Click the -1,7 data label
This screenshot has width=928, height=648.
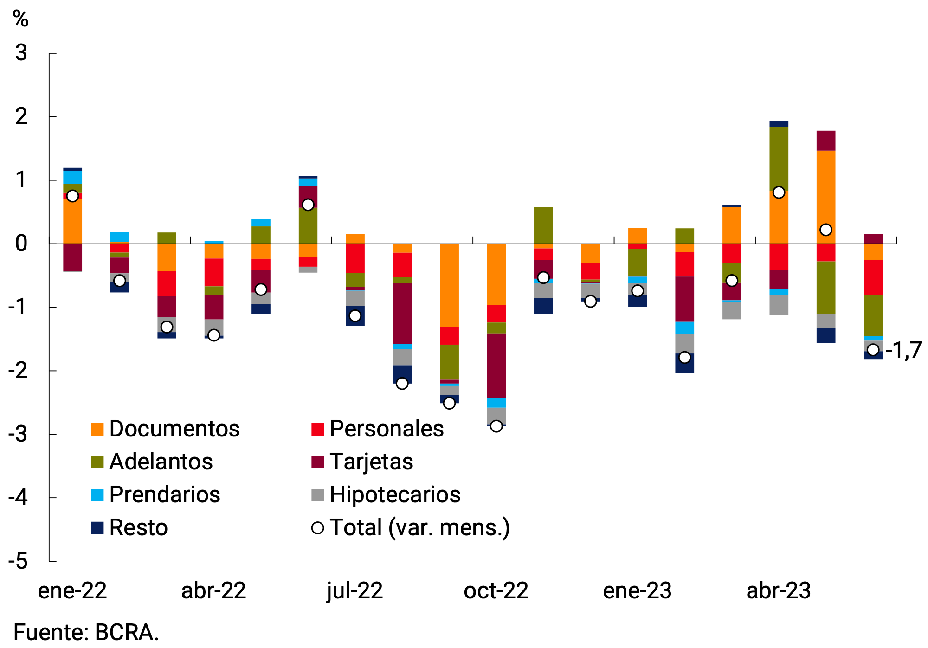click(903, 350)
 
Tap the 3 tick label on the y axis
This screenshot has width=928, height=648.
click(21, 53)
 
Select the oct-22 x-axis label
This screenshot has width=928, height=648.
click(496, 591)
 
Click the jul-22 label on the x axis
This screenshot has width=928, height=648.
click(355, 591)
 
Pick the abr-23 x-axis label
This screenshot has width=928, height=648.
click(779, 591)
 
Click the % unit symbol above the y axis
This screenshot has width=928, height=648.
click(20, 19)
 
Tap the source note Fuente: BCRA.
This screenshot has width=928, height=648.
click(86, 632)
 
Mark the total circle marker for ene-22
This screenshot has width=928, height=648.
click(72, 196)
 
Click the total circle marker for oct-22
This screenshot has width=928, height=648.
click(496, 426)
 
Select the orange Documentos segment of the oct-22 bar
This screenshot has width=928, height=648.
click(496, 274)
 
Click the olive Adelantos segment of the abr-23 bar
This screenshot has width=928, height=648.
click(779, 159)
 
